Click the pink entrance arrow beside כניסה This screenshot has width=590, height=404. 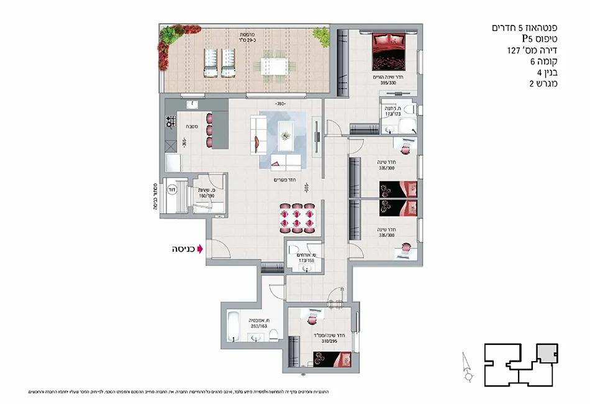(200, 250)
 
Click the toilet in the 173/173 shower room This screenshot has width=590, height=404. (407, 127)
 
